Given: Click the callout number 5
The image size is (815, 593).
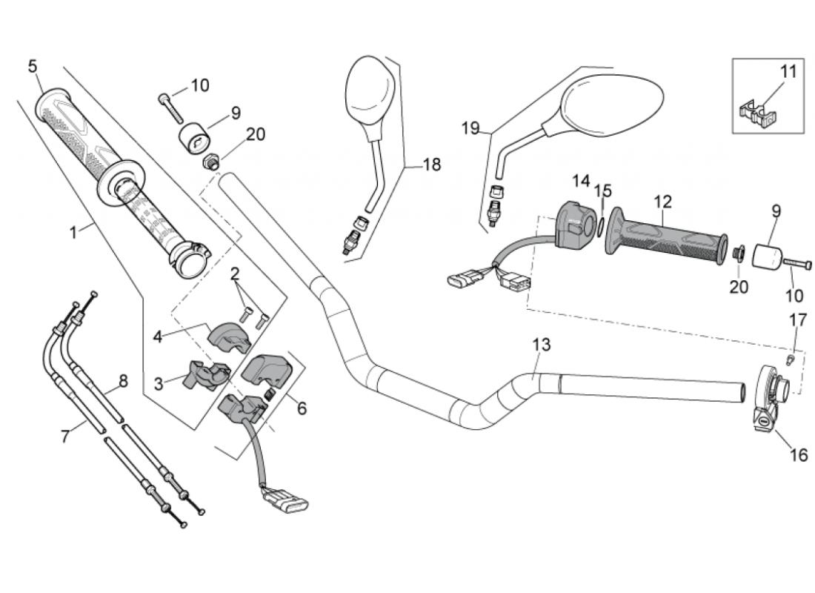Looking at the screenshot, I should pos(33,66).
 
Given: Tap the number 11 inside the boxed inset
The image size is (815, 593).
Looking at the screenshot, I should pos(788,72).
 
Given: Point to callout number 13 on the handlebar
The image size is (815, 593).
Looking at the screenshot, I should pos(542,345).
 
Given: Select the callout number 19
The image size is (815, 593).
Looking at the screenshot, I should pos(471,128).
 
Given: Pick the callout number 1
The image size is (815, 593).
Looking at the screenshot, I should pos(73,232).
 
